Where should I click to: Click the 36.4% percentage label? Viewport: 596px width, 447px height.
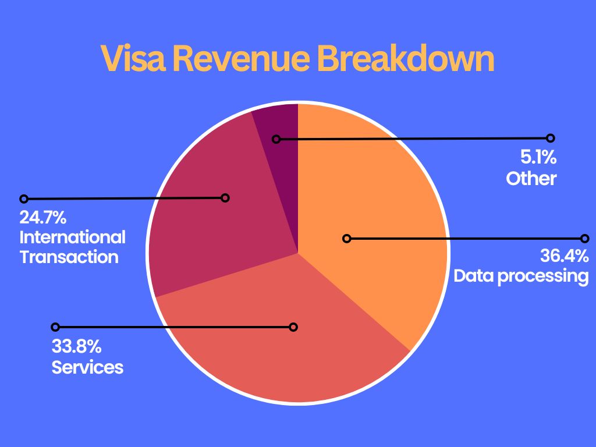[564, 256]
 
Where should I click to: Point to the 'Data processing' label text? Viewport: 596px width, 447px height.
[521, 275]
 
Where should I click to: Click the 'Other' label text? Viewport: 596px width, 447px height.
[531, 178]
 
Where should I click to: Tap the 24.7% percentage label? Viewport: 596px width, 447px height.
[42, 218]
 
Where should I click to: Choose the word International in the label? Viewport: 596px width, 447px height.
[72, 237]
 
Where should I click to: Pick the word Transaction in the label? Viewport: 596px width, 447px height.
[69, 257]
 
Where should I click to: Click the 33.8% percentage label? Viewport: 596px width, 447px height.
[77, 347]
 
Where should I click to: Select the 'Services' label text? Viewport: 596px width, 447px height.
[87, 367]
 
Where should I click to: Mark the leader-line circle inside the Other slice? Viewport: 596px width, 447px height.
[276, 139]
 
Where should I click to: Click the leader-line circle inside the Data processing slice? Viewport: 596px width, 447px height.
[347, 238]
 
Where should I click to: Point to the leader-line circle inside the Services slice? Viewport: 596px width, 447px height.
[293, 327]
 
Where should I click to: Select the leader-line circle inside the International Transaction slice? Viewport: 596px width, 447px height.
[225, 198]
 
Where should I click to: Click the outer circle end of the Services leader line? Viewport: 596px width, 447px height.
[55, 327]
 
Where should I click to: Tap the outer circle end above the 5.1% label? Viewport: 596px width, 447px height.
[551, 138]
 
